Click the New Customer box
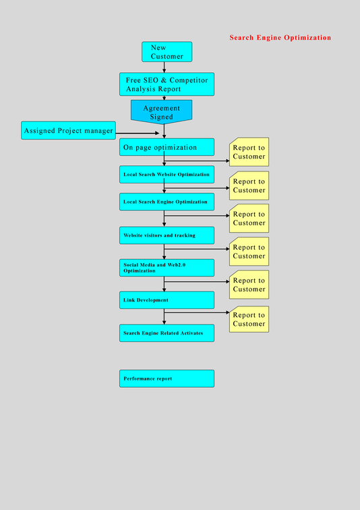[x=167, y=52]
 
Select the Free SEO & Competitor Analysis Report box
[x=167, y=84]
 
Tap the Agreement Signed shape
[x=162, y=111]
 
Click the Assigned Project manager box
[x=68, y=130]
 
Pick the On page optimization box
[x=167, y=147]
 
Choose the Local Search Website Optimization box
[x=167, y=174]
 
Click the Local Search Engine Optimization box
[x=167, y=202]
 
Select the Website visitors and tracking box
[x=167, y=235]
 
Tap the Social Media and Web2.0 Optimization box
[x=167, y=268]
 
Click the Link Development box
[x=167, y=300]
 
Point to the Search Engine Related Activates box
[x=167, y=333]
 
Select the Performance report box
[x=167, y=378]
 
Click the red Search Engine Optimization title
[x=280, y=37]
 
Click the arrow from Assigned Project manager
[x=138, y=133]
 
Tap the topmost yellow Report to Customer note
[x=249, y=152]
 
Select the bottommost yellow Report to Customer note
[x=249, y=319]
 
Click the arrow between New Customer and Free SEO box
[x=164, y=67]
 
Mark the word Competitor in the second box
[x=189, y=80]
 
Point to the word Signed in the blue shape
[x=162, y=117]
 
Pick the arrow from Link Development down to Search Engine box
[x=164, y=316]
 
